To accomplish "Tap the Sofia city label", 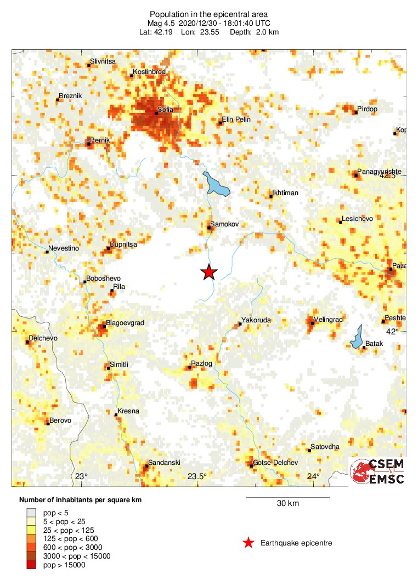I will (x=165, y=110).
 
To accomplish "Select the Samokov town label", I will (x=223, y=224).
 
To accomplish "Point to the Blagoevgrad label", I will (x=125, y=323).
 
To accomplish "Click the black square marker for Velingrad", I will (x=312, y=323).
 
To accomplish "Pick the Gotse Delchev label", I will (x=275, y=463).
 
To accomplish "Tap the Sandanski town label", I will (x=165, y=463).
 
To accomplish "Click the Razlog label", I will (x=201, y=363).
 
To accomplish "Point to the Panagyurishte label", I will (x=380, y=172).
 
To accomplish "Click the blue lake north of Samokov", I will (x=216, y=185).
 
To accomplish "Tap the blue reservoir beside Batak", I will (x=357, y=337).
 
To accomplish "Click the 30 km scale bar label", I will (x=287, y=504).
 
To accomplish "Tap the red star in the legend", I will (x=248, y=543).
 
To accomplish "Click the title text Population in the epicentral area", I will (x=209, y=13).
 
